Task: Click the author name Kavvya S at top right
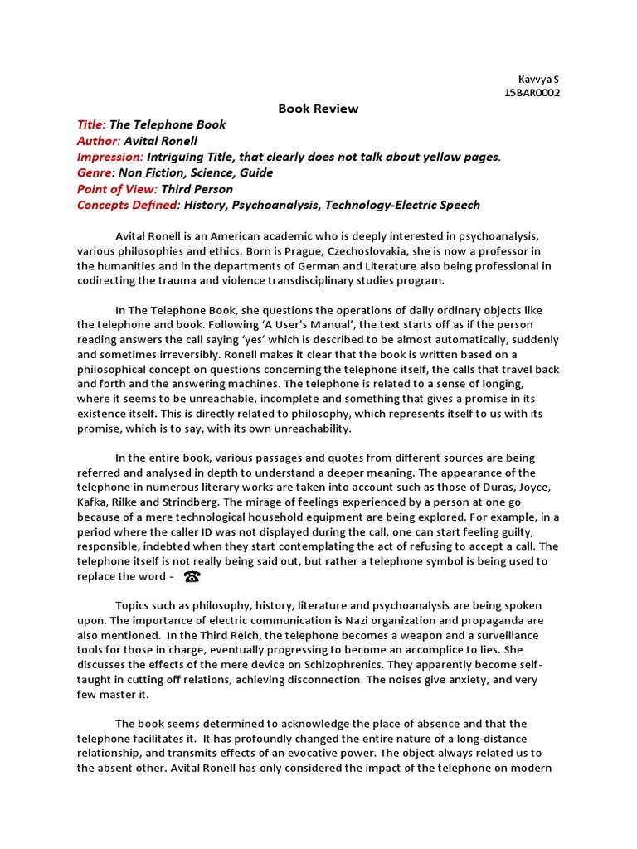pos(538,79)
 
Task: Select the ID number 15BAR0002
pos(532,93)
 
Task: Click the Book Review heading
pos(318,109)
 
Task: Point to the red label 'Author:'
pos(99,141)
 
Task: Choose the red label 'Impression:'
pos(110,157)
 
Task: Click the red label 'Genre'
pos(94,172)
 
